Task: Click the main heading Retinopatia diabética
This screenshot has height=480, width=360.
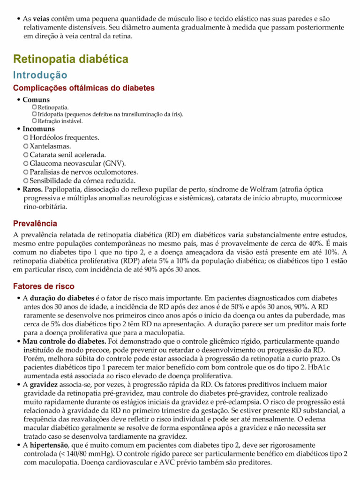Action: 70,59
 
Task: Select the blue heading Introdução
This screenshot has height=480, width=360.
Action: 40,75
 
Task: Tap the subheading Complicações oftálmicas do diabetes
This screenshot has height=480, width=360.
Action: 84,88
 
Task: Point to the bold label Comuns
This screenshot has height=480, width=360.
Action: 36,100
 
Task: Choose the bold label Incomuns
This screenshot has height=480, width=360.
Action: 38,128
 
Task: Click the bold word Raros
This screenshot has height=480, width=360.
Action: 33,189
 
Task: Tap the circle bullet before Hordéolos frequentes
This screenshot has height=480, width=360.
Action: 26,138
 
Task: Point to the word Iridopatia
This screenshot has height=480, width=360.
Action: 52,114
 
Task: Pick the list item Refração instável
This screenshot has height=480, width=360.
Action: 60,121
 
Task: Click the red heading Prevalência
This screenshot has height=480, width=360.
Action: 35,224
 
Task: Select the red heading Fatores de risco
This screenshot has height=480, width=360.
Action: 44,286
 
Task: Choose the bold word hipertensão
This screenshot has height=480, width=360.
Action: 50,444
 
